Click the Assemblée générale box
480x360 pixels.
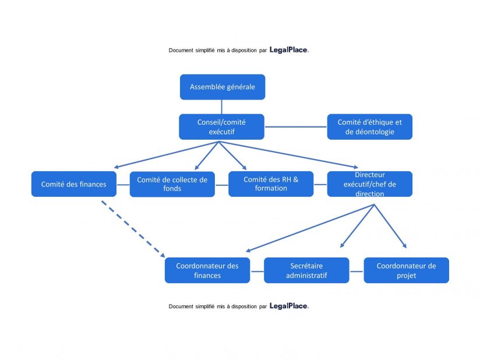[x=222, y=87]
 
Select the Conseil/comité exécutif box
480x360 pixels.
[x=221, y=126]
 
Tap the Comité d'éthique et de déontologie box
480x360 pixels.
[x=369, y=126]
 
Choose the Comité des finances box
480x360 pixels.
[x=73, y=184]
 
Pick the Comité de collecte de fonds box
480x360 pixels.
[x=172, y=184]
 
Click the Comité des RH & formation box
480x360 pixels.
[x=270, y=184]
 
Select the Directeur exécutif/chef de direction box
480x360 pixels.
[x=369, y=184]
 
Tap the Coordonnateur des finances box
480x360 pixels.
[x=207, y=270]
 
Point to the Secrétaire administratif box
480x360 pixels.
[x=306, y=270]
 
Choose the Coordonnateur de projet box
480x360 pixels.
[x=406, y=270]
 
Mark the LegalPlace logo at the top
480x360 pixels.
[x=289, y=50]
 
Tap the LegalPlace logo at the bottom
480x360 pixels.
[x=289, y=306]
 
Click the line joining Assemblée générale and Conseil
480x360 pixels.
[x=222, y=107]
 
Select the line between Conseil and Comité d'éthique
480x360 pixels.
[x=295, y=126]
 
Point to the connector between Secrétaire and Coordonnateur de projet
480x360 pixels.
[x=357, y=271]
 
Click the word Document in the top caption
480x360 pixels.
[x=181, y=51]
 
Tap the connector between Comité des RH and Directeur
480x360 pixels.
[x=320, y=184]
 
